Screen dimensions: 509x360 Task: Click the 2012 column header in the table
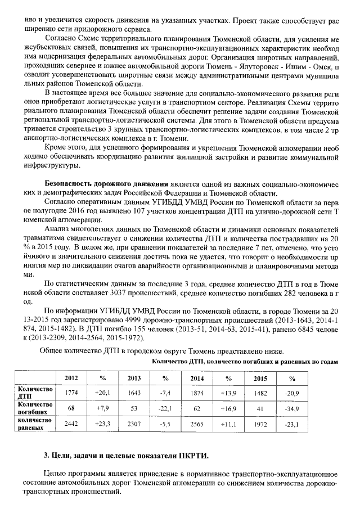pyautogui.click(x=71, y=378)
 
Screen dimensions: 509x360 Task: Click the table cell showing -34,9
pyautogui.click(x=291, y=408)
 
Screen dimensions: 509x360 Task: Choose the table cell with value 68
pyautogui.click(x=71, y=408)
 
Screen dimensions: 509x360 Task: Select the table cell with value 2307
pyautogui.click(x=134, y=424)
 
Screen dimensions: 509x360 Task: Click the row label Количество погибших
pyautogui.click(x=35, y=408)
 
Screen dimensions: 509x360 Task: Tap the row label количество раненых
pyautogui.click(x=35, y=424)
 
